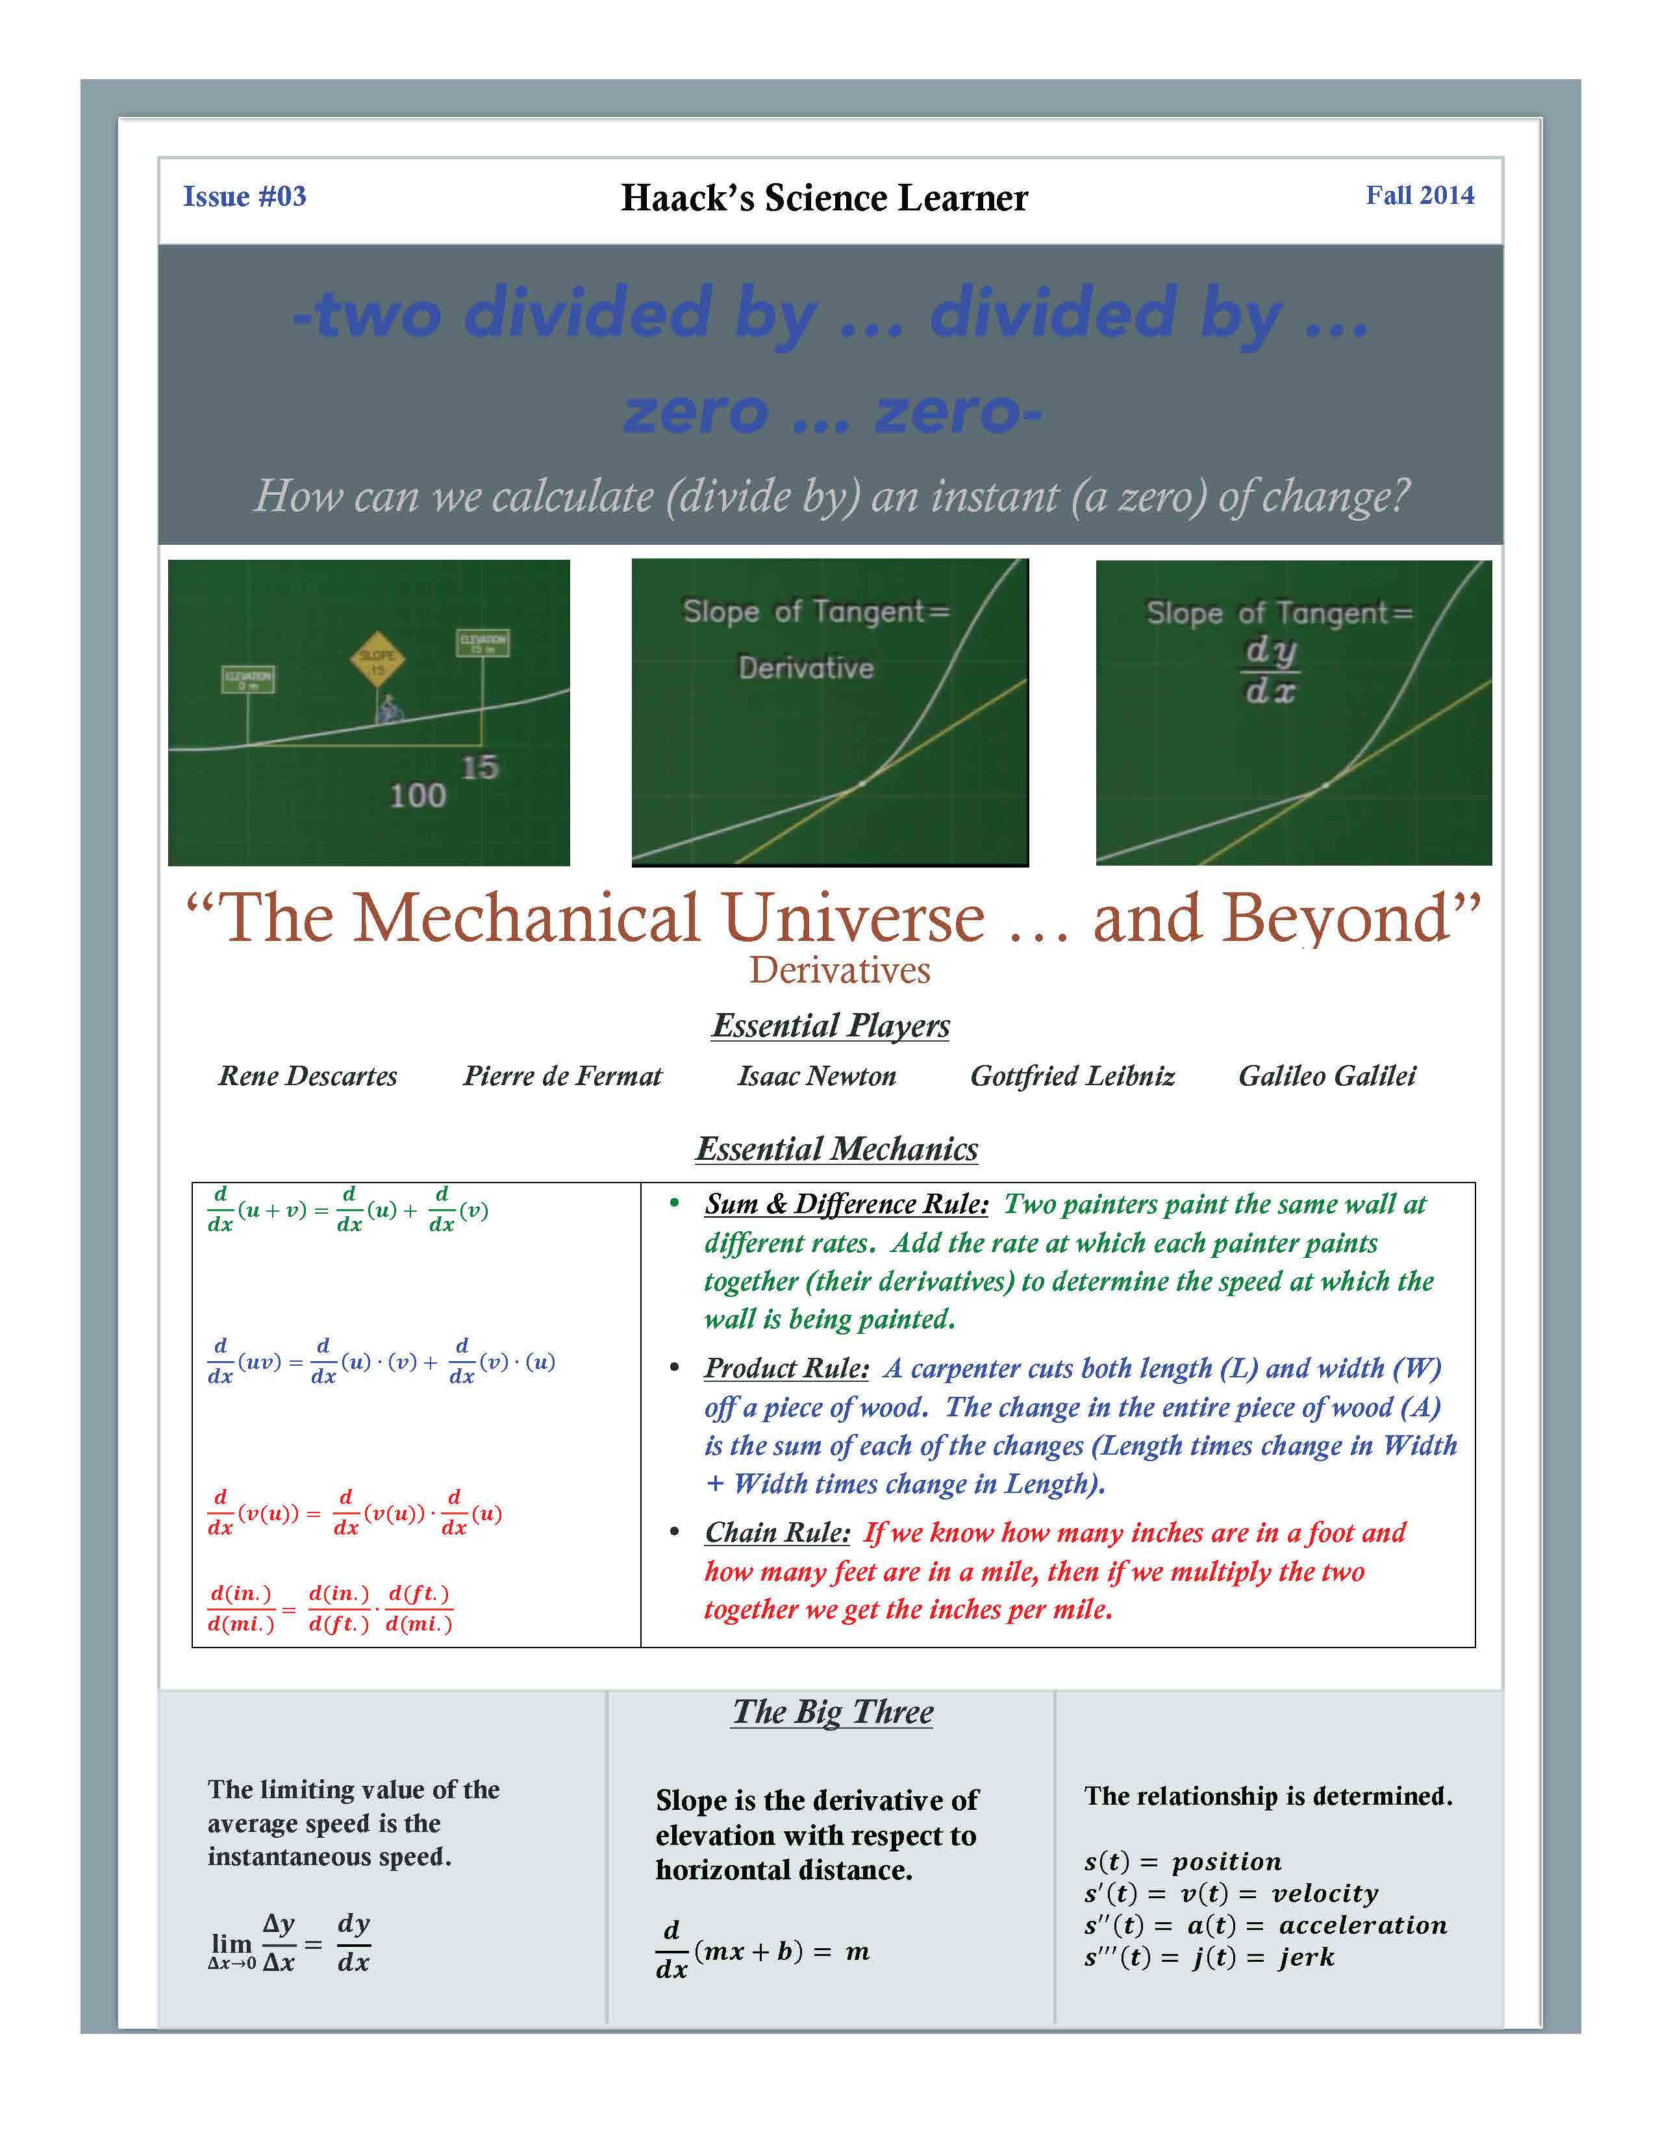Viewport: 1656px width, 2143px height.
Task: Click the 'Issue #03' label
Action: click(244, 196)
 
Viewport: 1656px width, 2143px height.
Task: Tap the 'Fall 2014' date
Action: click(1420, 195)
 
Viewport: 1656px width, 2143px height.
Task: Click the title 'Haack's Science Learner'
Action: click(824, 198)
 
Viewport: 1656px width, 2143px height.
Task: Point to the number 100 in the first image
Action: click(418, 795)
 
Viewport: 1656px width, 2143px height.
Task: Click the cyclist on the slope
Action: click(390, 708)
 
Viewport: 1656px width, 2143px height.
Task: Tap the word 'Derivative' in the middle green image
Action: click(805, 668)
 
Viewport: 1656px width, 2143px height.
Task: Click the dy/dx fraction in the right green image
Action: click(1270, 670)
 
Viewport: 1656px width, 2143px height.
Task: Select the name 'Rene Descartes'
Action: click(307, 1077)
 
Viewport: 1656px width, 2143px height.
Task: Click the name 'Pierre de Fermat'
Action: click(562, 1077)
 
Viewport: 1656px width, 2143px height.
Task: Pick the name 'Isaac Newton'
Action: click(816, 1077)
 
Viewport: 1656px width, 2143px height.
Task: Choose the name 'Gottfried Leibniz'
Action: click(1072, 1077)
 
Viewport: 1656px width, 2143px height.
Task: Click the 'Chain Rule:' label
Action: click(777, 1533)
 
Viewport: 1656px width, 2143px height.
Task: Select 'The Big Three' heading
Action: click(833, 1712)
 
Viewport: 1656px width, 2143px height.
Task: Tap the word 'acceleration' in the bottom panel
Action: click(1362, 1925)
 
